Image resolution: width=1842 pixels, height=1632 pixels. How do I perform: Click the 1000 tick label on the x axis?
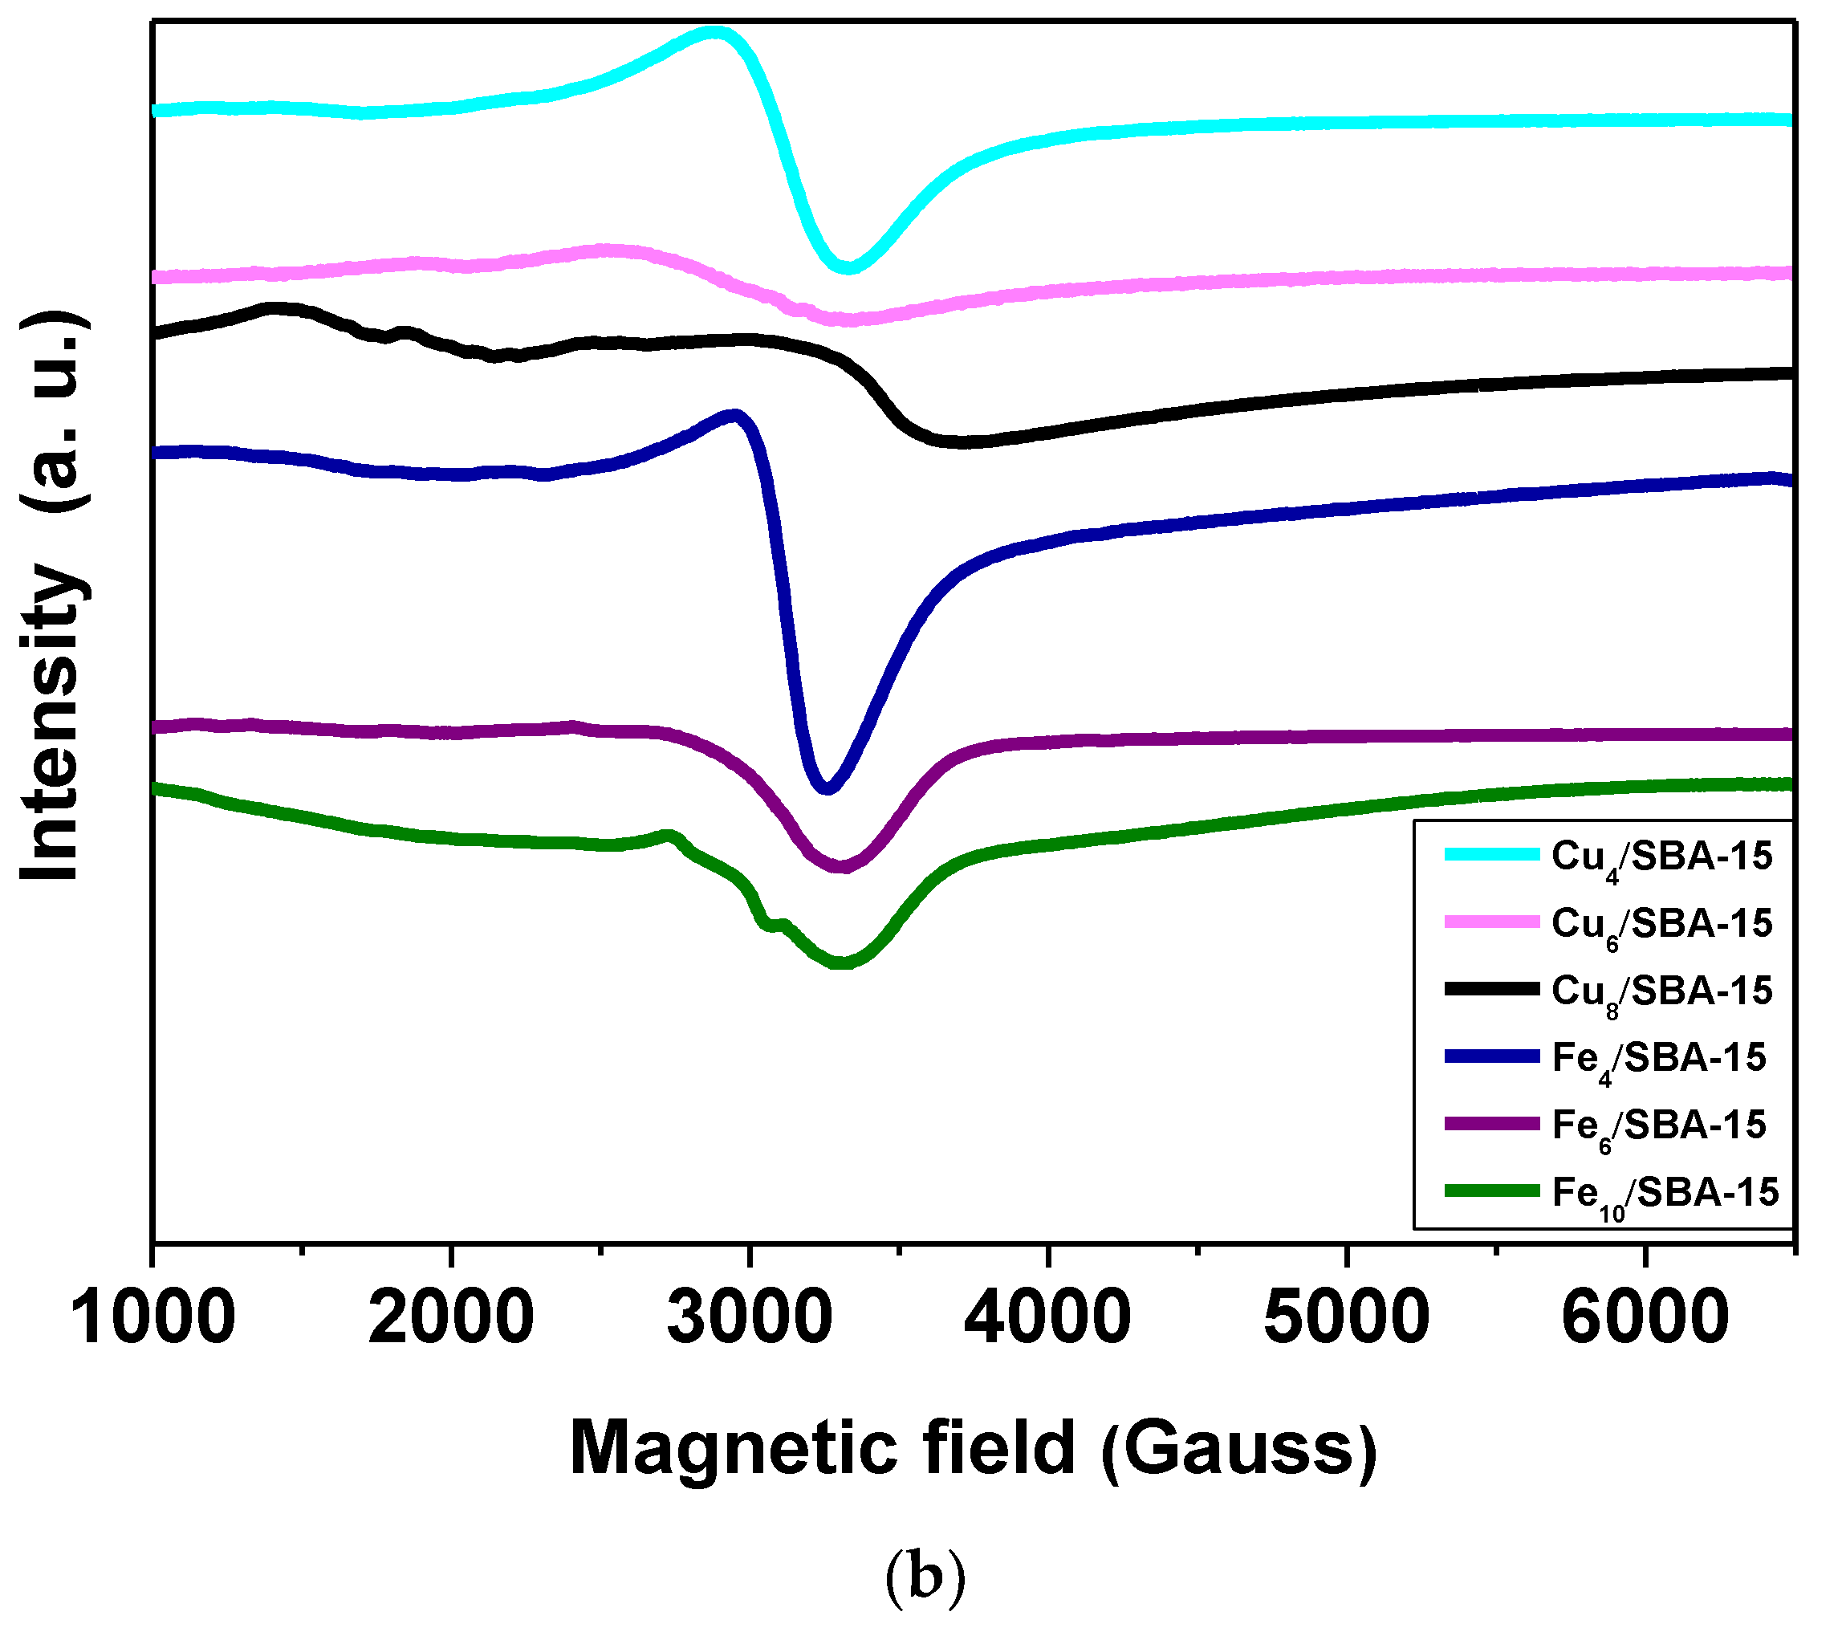pos(153,1318)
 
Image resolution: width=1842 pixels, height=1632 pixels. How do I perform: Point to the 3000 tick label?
pos(750,1318)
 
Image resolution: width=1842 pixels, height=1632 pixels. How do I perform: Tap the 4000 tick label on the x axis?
pos(1048,1318)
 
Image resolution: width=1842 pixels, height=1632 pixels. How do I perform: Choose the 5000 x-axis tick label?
pos(1346,1318)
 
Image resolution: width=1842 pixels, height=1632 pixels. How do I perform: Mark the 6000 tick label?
pos(1645,1318)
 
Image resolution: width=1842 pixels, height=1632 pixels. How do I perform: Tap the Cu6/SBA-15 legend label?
pos(1661,925)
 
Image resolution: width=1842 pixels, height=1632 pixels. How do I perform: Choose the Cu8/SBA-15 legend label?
pos(1661,992)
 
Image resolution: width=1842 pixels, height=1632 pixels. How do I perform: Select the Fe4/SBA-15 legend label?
pos(1658,1059)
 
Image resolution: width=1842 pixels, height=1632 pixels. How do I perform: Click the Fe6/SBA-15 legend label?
pos(1658,1126)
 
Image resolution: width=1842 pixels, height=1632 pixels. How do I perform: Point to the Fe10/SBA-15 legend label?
pos(1665,1194)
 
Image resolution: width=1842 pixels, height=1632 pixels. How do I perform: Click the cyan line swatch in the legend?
pos(1491,854)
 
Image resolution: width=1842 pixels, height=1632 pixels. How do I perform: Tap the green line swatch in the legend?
pos(1491,1191)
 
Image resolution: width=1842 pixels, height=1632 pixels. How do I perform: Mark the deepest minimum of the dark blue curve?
pos(827,788)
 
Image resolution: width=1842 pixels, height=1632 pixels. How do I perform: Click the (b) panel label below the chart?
pos(925,1576)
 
